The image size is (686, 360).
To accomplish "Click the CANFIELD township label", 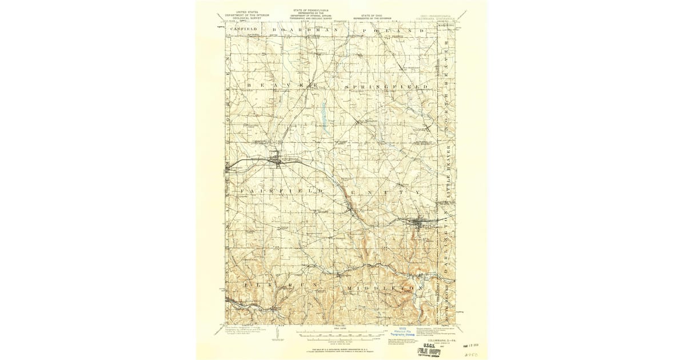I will [x=245, y=29].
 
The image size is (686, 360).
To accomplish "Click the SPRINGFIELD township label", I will [x=386, y=86].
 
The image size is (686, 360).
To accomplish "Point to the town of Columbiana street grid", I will [x=277, y=159].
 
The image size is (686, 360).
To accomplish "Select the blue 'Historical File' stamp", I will [x=405, y=332].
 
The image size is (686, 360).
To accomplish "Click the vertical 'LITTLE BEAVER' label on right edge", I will [x=449, y=175].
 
